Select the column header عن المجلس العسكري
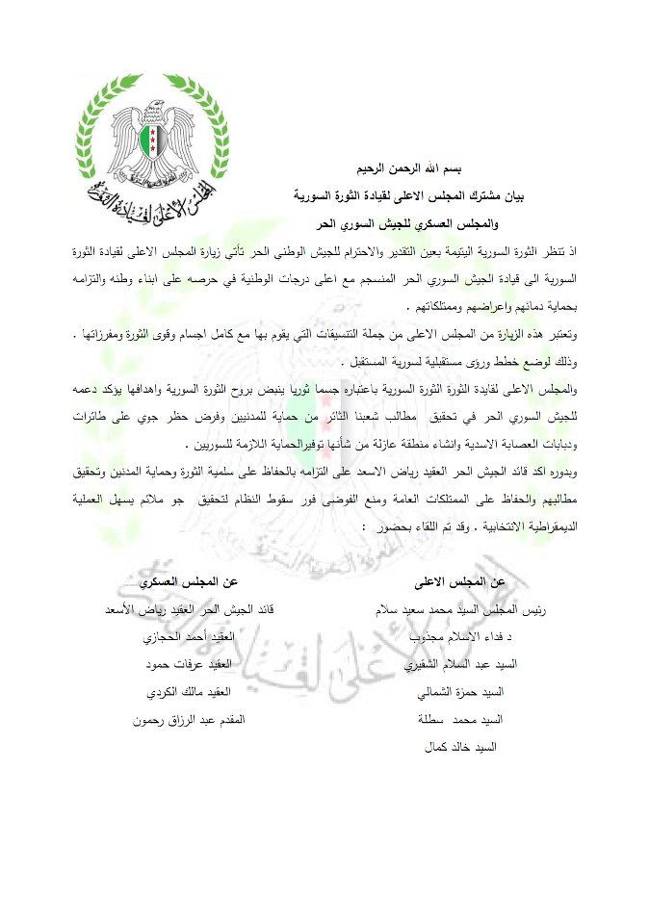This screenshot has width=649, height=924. click(x=189, y=582)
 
